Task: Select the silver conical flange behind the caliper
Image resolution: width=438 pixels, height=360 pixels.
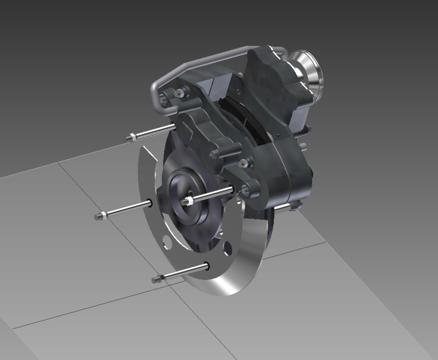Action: point(309,67)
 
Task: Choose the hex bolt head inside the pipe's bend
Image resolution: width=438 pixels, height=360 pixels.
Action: point(180,93)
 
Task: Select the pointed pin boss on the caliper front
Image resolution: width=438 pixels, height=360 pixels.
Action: point(214,154)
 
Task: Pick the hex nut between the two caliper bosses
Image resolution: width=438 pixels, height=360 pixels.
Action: point(243,164)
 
